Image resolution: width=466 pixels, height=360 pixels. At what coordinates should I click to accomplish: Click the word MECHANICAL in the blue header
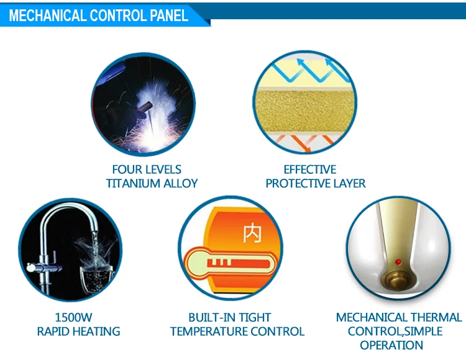47,16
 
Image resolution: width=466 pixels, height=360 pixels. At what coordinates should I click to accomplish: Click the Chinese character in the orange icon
252,235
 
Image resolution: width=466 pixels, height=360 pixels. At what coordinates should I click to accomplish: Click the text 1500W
73,318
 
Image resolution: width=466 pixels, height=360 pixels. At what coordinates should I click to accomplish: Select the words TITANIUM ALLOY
152,183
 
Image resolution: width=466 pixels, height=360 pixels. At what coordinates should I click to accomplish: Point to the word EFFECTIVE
309,169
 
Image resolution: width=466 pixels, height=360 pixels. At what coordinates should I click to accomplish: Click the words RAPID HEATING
78,331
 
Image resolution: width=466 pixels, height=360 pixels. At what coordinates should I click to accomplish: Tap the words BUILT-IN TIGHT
230,318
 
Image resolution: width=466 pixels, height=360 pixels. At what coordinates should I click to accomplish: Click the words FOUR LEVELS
147,169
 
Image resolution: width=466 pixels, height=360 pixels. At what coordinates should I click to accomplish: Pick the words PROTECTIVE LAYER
315,183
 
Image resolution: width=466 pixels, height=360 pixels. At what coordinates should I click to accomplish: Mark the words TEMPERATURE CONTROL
237,331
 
